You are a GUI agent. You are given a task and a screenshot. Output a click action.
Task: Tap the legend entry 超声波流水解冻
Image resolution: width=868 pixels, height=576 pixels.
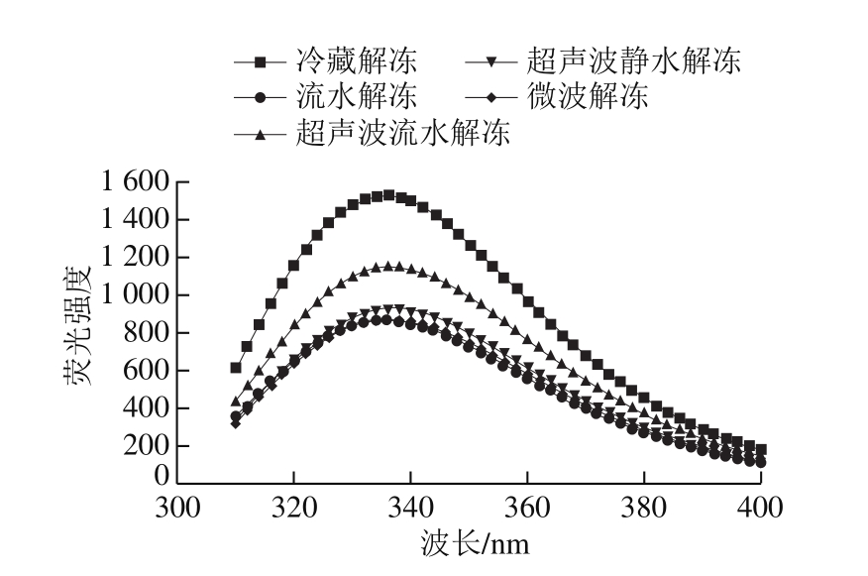tap(402, 132)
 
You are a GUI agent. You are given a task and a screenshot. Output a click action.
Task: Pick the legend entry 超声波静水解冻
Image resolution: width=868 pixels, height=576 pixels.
tap(632, 62)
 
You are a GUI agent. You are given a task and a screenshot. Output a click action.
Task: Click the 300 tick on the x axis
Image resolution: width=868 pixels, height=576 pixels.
tap(178, 508)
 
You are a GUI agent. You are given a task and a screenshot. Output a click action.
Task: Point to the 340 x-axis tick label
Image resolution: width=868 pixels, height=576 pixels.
tap(410, 508)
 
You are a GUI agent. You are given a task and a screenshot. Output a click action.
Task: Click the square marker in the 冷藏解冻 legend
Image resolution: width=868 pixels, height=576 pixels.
tap(260, 62)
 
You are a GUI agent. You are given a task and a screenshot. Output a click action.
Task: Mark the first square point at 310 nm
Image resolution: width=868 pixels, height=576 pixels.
tap(236, 368)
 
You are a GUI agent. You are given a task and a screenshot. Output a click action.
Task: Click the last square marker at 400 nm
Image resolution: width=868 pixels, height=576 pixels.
tap(760, 449)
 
